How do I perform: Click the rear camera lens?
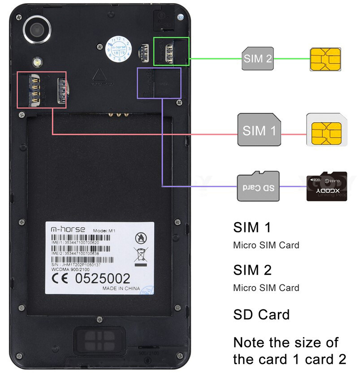coord(36,30)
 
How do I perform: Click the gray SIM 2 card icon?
coord(258,59)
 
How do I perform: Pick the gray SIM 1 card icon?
coord(259,130)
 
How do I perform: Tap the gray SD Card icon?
coord(258,186)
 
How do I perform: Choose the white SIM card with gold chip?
coord(326,130)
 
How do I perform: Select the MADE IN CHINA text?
coord(121,288)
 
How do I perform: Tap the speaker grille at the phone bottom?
coord(99,340)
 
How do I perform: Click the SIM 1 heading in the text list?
coord(252,227)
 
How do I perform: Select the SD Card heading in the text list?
coord(261,314)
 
